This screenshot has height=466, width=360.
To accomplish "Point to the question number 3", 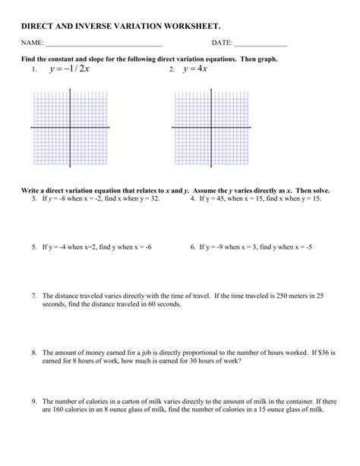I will (34, 198).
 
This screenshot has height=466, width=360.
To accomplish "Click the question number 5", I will (34, 247).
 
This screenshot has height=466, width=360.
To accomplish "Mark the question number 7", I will (34, 295).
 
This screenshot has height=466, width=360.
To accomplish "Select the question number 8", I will (34, 353).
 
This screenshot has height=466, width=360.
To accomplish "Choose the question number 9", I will (34, 401).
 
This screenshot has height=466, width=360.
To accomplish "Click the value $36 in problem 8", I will (326, 353).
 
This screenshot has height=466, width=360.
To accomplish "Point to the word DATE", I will (222, 43).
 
